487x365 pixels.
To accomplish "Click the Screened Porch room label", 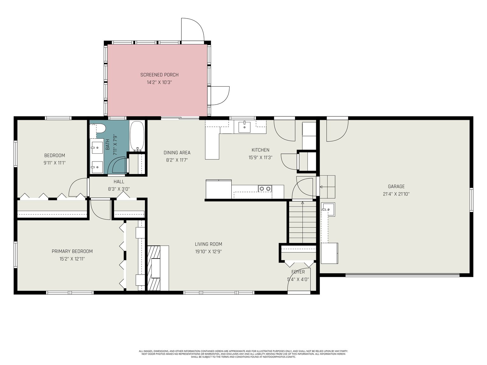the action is point(159,75).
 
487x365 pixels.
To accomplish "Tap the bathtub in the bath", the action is point(137,136).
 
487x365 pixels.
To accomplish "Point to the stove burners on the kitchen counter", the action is point(265,189).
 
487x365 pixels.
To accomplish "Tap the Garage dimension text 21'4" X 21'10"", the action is point(396,194).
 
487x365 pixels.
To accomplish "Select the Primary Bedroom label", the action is point(72,251).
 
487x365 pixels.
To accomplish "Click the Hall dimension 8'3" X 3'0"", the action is point(119,189).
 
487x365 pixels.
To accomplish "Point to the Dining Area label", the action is point(177,153).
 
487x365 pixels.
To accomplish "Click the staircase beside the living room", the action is point(303,222).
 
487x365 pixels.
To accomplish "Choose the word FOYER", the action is point(298,272).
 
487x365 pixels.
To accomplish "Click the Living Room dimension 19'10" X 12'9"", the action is point(208,252).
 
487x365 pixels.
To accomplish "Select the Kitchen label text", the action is point(261,150).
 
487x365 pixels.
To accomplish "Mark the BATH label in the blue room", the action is point(108,144).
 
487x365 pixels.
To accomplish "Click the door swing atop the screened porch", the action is point(192,30).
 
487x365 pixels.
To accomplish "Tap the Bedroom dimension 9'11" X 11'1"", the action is point(54,163).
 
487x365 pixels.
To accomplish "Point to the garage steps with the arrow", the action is point(327,187).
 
